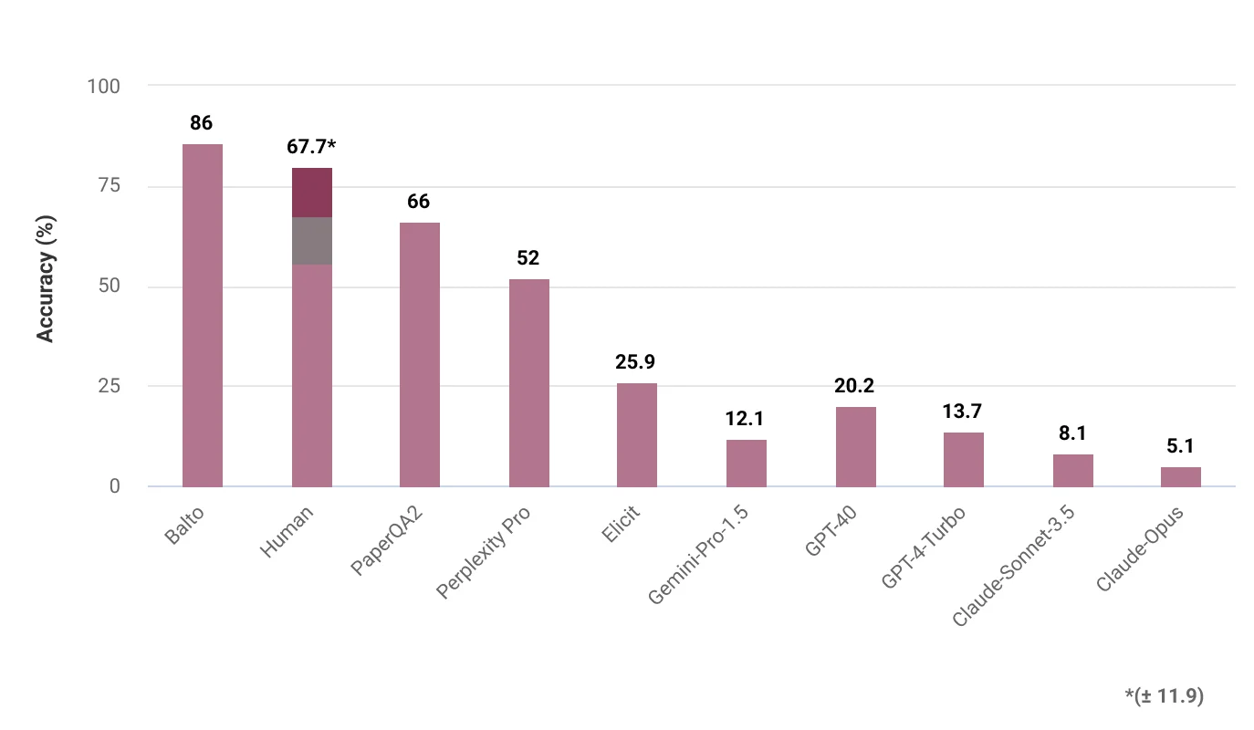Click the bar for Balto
coord(203,315)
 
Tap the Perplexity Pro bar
coord(528,382)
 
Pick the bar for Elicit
coord(637,434)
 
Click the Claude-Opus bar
coord(1180,476)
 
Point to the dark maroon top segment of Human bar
coord(311,193)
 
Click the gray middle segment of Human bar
coord(311,241)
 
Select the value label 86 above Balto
coord(202,123)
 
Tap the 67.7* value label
coord(311,146)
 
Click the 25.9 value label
coord(636,362)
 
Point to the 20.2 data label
coord(854,386)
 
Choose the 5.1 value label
coord(1180,446)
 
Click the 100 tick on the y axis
coord(103,86)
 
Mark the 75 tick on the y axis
coord(110,186)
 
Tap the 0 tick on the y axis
coord(115,486)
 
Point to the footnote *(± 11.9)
coord(1164,696)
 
